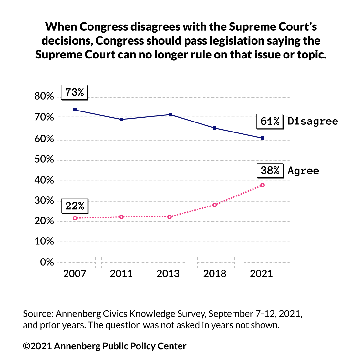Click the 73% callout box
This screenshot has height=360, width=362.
coord(75,92)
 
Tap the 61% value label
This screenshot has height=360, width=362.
coord(270,122)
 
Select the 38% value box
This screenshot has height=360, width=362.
coord(270,170)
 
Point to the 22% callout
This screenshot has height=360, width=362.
coord(75,206)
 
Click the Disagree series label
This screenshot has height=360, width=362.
coord(313,122)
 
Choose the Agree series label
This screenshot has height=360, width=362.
coord(303,171)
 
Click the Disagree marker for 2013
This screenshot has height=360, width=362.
coord(170,115)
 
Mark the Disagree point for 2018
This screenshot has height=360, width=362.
coord(215,128)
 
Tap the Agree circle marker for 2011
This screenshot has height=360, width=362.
coord(121,217)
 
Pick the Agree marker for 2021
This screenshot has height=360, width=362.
coord(263,185)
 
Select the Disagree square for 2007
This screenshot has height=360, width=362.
coord(75,110)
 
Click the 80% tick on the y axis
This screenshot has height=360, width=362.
coord(44,97)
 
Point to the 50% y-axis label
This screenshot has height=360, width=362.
coord(44,160)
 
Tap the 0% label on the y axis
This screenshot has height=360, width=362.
coord(47,262)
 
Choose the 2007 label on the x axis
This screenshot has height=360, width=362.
coord(75,274)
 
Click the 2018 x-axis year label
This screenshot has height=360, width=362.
coord(215,274)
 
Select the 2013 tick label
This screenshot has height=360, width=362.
coord(168,274)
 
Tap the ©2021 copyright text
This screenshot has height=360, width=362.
coord(37,346)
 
